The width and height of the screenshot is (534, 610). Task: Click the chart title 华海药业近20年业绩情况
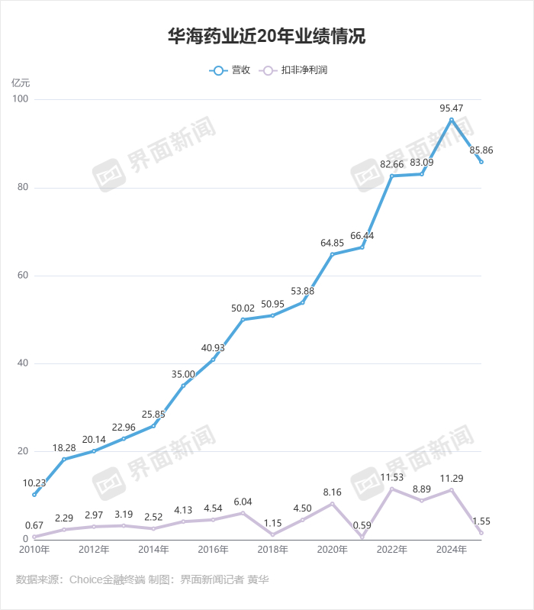tap(266, 37)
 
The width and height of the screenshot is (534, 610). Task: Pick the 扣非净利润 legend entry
tap(294, 70)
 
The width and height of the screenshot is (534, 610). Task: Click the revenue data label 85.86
tap(481, 150)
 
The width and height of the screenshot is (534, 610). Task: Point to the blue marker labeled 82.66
tap(392, 176)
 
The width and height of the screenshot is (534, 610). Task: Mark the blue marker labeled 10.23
tap(34, 495)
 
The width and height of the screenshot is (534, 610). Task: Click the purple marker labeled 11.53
tap(392, 489)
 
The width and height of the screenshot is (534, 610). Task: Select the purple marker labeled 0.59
tap(362, 537)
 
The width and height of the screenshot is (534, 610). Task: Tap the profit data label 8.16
tap(332, 492)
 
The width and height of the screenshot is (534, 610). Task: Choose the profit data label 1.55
tap(481, 521)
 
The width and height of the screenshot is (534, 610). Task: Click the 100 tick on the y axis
tap(20, 100)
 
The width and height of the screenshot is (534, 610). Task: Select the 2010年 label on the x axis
tap(34, 549)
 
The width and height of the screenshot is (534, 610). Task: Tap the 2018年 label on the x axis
tap(273, 549)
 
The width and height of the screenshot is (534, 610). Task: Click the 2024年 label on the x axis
tap(452, 549)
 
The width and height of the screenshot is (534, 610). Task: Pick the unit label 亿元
tap(21, 82)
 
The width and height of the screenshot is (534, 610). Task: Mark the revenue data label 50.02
tap(243, 308)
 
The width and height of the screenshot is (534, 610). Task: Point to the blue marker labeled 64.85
tap(333, 254)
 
